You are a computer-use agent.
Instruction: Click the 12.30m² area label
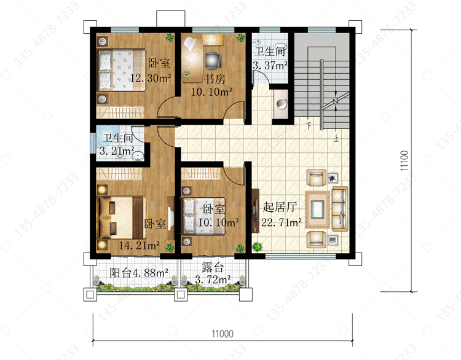tap(151, 78)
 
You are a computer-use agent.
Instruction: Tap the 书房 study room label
tap(215, 79)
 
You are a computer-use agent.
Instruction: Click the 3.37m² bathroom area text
tap(270, 65)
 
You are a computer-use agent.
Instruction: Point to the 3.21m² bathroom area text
tap(117, 151)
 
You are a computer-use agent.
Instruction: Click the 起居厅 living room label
tap(280, 207)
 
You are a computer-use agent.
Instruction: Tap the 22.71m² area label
tap(282, 222)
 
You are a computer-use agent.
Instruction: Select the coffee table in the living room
tap(318, 209)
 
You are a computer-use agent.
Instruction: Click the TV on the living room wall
tap(255, 211)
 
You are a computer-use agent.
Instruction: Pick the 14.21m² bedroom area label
tap(139, 245)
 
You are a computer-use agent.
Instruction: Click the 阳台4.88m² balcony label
tap(139, 273)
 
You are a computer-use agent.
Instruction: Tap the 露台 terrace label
tap(213, 268)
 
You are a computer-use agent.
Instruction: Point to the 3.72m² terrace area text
tap(213, 280)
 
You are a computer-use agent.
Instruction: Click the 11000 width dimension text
tap(223, 334)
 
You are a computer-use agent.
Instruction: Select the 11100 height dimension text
tap(404, 160)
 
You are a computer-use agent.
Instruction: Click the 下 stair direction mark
tap(309, 126)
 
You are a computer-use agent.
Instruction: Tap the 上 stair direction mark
tap(336, 138)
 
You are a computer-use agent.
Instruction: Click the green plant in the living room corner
tap(258, 246)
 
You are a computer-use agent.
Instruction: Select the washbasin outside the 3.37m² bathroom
tap(282, 103)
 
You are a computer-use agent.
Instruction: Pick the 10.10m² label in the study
tap(211, 92)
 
